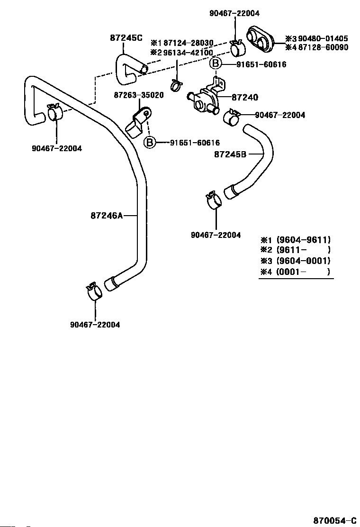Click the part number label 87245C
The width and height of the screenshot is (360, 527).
click(126, 38)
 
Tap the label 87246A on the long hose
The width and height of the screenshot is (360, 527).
click(107, 216)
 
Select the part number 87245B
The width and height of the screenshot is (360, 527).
click(230, 154)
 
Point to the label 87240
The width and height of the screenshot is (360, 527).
click(245, 98)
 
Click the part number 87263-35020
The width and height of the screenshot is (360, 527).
click(139, 95)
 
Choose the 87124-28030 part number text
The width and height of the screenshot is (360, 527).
click(186, 43)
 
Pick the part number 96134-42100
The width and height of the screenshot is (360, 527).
click(186, 53)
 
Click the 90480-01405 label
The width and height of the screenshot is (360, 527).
click(320, 38)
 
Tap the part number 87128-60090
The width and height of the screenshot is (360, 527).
click(320, 47)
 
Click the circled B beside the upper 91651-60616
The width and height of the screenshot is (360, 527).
click(216, 64)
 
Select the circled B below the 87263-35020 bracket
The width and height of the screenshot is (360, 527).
click(150, 142)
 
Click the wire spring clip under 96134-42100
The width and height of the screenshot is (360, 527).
click(177, 86)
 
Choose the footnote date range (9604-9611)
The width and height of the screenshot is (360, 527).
click(304, 240)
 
